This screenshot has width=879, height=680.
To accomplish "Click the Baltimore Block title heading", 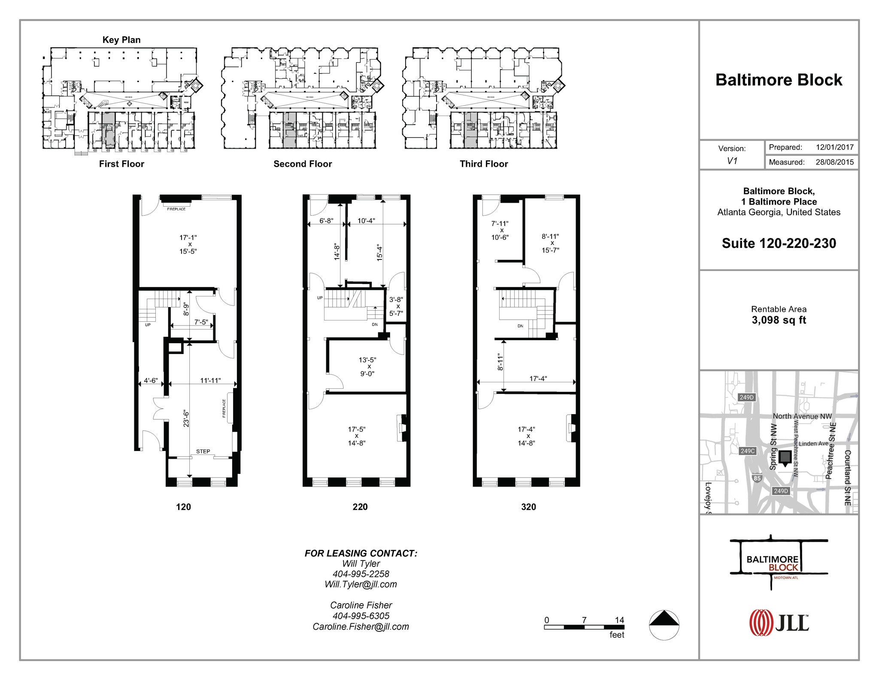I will pyautogui.click(x=779, y=80).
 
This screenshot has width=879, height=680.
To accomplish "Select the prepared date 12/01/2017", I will pyautogui.click(x=834, y=147).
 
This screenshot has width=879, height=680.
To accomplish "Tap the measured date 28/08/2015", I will pyautogui.click(x=834, y=162).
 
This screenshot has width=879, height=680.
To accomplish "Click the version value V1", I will pyautogui.click(x=732, y=161).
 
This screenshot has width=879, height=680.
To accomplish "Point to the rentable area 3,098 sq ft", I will pyautogui.click(x=779, y=320).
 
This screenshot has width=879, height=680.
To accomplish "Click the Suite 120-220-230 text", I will pyautogui.click(x=779, y=243).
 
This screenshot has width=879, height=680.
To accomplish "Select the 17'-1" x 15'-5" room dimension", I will pyautogui.click(x=188, y=244).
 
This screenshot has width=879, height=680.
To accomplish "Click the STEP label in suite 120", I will pyautogui.click(x=203, y=451).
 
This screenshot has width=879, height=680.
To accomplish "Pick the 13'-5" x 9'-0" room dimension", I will pyautogui.click(x=367, y=367).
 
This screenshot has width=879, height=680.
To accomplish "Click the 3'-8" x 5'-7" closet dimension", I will pyautogui.click(x=396, y=306).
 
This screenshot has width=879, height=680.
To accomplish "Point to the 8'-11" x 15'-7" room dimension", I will pyautogui.click(x=550, y=243).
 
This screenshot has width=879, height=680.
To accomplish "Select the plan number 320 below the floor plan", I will pyautogui.click(x=528, y=507).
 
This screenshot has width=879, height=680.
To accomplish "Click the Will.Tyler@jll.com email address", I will pyautogui.click(x=361, y=584).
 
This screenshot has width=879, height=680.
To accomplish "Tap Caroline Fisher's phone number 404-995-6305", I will pyautogui.click(x=361, y=616).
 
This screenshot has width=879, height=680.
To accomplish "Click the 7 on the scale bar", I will pyautogui.click(x=584, y=620).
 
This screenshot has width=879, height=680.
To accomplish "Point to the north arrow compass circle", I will pyautogui.click(x=664, y=625).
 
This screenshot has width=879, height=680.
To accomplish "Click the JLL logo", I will pyautogui.click(x=779, y=622).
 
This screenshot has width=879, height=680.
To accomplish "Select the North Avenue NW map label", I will pyautogui.click(x=802, y=416).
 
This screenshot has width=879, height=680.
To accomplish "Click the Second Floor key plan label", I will pyautogui.click(x=303, y=164).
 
